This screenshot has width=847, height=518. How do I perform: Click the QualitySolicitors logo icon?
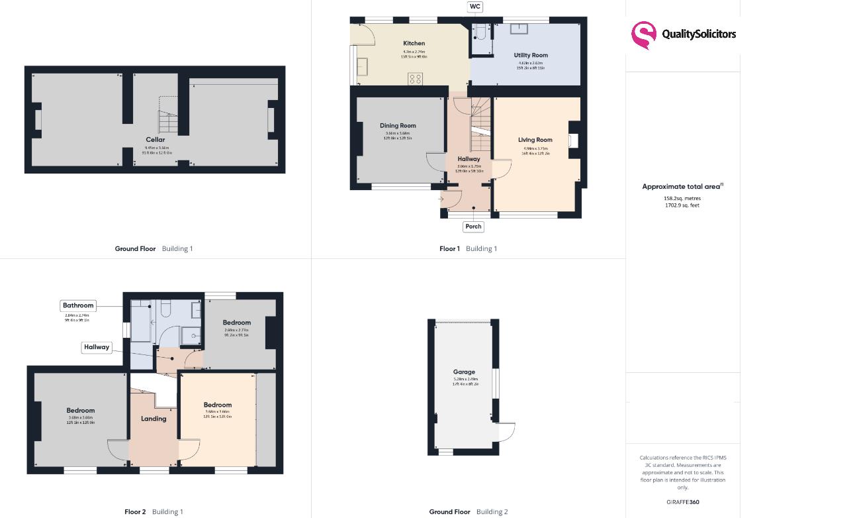(643, 35)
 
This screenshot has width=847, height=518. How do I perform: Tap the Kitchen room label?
(414, 44)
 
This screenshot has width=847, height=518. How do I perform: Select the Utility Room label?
(531, 56)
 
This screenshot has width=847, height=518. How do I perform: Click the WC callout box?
(474, 7)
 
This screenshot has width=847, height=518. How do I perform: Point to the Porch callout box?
(473, 227)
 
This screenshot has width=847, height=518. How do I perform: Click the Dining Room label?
(398, 126)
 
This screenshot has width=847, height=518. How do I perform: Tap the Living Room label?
(535, 140)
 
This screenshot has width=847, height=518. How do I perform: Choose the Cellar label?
(156, 140)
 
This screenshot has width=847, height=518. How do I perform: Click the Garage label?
(464, 372)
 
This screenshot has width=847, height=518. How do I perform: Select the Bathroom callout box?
(78, 305)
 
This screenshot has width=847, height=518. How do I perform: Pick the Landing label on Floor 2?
(154, 419)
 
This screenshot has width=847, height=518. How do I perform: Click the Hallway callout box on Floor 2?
(97, 347)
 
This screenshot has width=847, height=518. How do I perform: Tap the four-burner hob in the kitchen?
(415, 79)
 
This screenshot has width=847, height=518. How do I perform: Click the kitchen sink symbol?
(363, 66)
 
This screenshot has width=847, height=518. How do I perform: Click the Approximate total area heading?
(682, 187)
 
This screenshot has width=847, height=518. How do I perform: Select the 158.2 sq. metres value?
(682, 199)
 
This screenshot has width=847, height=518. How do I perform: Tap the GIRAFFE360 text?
(682, 502)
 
